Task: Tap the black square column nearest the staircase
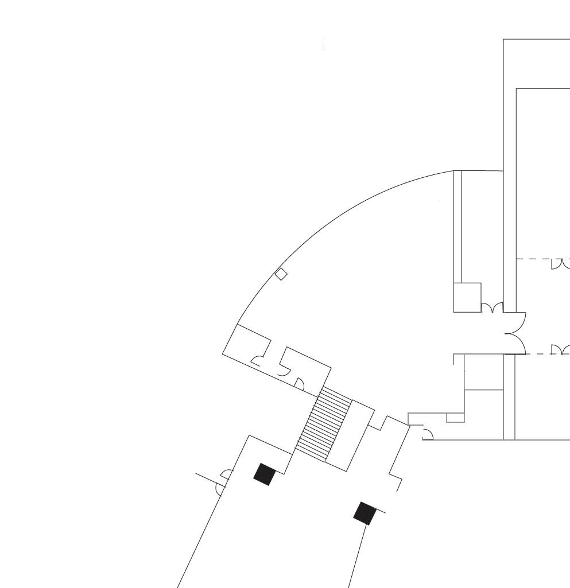coord(264,474)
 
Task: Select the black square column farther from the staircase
coord(365,513)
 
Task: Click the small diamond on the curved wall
coord(281,274)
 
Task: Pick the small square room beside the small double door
coord(467,297)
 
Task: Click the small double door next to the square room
coord(492,308)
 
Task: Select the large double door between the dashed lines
coord(517,333)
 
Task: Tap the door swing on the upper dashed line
coord(560,264)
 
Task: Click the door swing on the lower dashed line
coord(560,349)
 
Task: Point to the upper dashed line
coord(534,259)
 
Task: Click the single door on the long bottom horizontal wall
coord(428,434)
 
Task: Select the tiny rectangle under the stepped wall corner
coord(455,418)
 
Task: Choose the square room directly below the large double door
coord(483,372)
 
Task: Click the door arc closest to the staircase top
coord(298,383)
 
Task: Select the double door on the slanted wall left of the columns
coord(224,482)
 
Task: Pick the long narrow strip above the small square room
coord(457,227)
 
